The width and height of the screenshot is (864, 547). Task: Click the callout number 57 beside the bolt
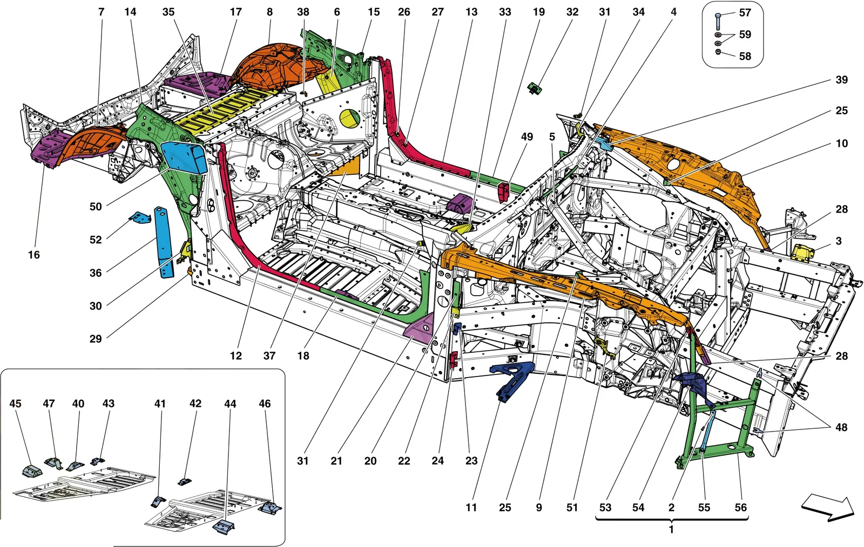(x=745, y=13)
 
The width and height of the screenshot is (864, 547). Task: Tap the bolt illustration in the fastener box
(x=718, y=21)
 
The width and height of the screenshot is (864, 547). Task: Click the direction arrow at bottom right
(x=828, y=509)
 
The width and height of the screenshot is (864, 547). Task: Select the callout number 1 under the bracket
(x=671, y=530)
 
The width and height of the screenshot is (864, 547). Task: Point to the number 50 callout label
(x=96, y=207)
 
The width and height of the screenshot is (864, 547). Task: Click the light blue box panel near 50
(x=183, y=158)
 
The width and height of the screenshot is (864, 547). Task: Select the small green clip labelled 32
(x=535, y=89)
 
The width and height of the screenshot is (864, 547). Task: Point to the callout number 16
(x=34, y=255)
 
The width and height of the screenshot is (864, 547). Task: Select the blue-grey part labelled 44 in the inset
(x=224, y=527)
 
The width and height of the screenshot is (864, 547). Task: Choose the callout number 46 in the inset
(x=265, y=404)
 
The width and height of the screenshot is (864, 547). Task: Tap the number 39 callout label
(x=842, y=80)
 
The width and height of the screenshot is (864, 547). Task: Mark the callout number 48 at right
(x=841, y=427)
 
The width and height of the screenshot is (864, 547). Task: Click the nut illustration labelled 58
(x=718, y=52)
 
